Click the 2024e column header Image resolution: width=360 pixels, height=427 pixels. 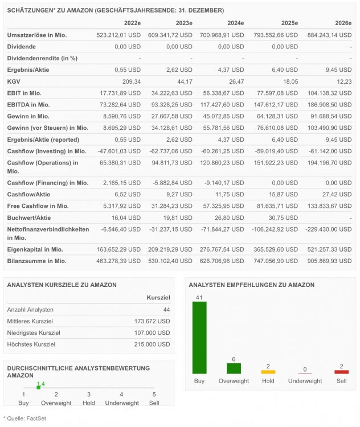coord(235,23)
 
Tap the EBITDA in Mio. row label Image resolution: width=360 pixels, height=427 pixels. coord(28,105)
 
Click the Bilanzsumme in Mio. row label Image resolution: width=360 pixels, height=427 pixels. coord(36,261)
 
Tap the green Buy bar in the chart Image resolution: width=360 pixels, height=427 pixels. coord(199,337)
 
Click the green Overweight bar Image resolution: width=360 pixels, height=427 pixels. coord(234,368)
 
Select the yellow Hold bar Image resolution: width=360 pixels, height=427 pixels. coord(268,372)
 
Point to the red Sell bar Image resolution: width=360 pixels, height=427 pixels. coord(341,372)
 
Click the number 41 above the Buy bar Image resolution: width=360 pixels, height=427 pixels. coord(199,297)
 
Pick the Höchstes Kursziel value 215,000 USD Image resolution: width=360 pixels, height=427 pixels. coord(150,344)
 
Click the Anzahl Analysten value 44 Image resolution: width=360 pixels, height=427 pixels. coord(166,309)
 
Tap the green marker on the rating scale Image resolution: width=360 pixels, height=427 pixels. coord(38,387)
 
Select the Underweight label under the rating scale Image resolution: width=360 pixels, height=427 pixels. coord(122,403)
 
